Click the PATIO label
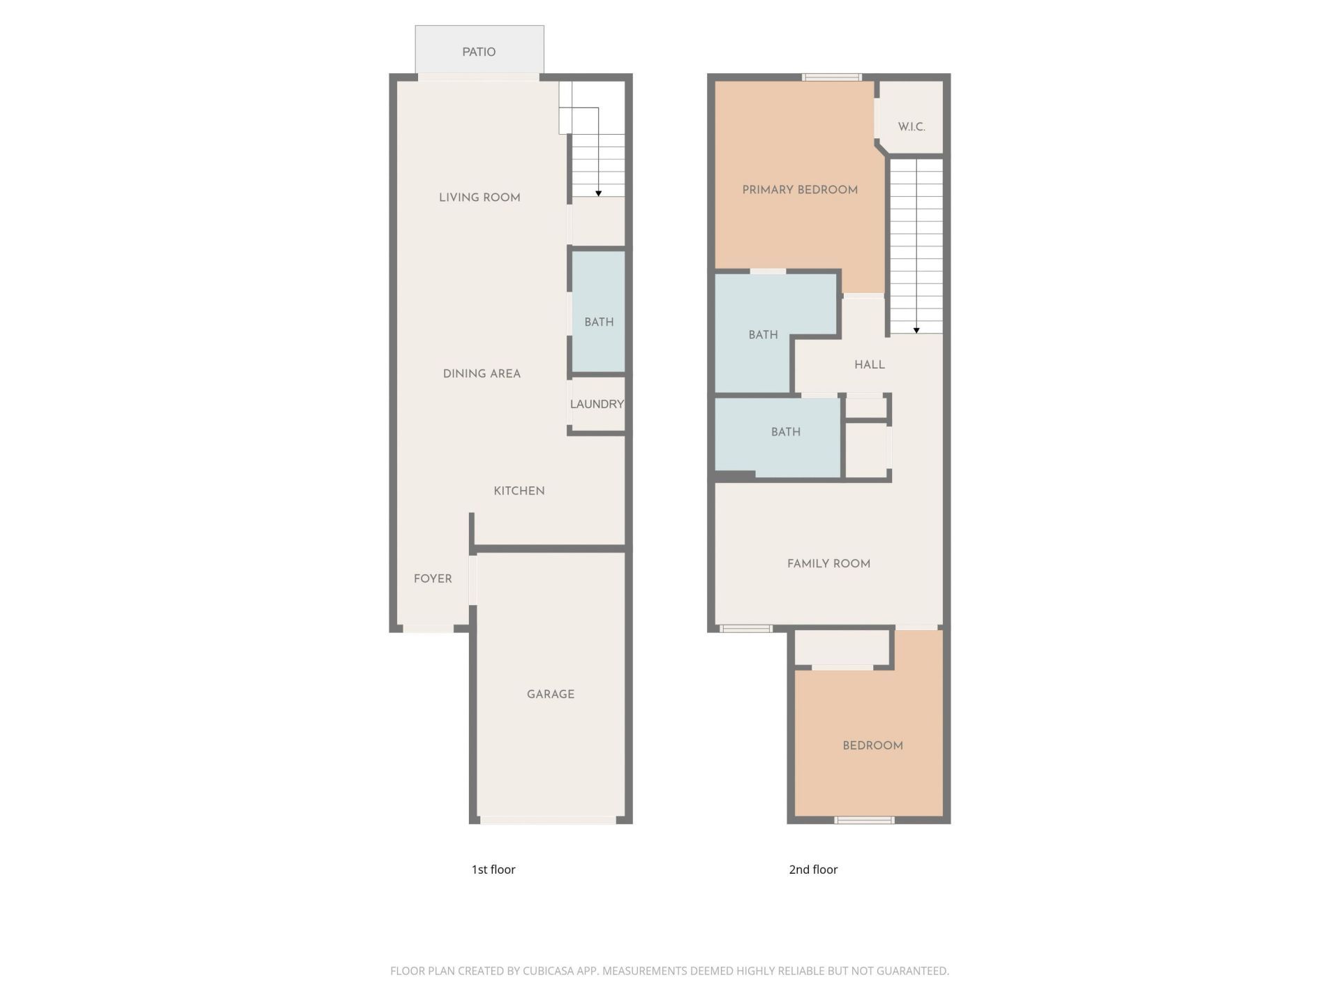click(479, 52)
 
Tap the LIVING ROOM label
click(479, 198)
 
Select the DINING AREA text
click(482, 373)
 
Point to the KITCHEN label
click(519, 491)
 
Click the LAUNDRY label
click(597, 404)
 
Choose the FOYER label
click(433, 579)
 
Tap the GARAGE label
click(551, 694)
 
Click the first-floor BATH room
click(599, 322)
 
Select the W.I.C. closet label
click(911, 127)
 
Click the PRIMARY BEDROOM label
click(800, 190)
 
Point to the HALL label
click(870, 364)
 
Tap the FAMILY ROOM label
click(828, 563)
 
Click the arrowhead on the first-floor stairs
click(598, 193)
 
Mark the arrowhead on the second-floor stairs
click(916, 330)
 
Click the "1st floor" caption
click(493, 869)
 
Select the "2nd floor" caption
click(813, 869)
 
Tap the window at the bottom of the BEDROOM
click(864, 820)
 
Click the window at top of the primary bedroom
click(831, 77)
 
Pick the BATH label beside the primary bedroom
click(763, 335)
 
